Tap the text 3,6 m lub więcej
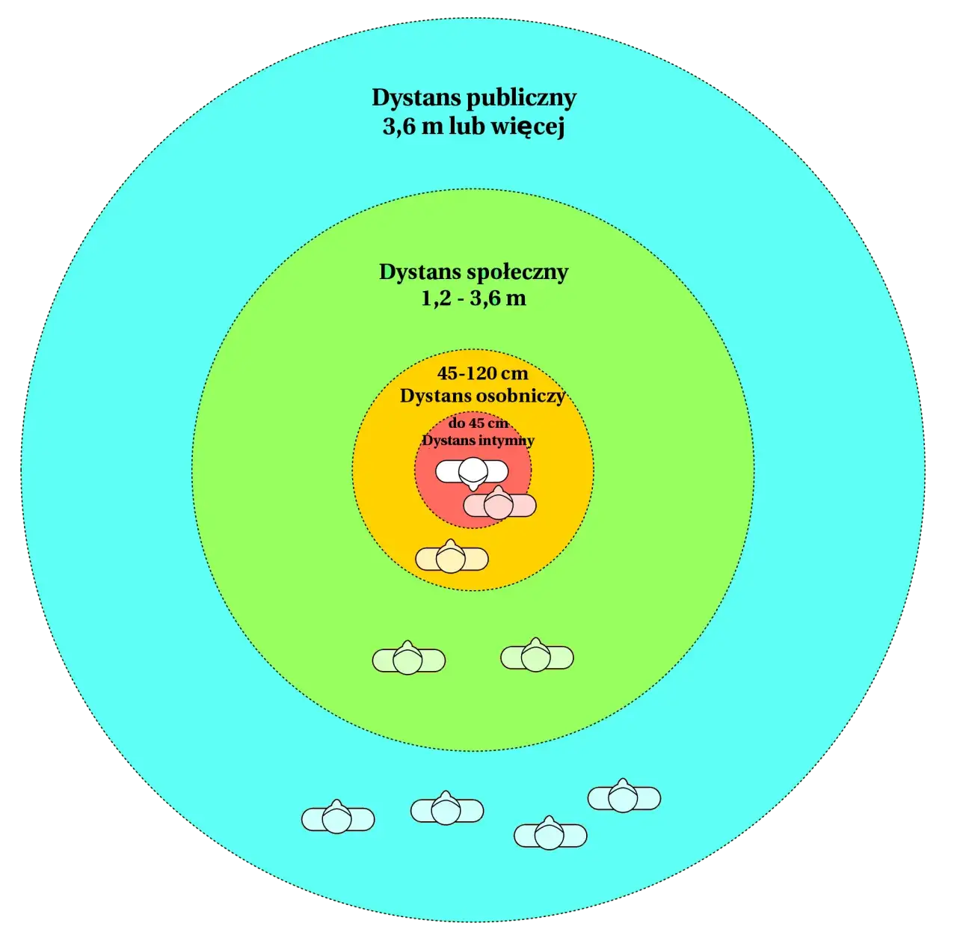474,126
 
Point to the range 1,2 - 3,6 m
474,298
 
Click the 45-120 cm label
482,373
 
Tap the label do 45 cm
478,423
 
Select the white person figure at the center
472,473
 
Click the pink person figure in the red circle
499,505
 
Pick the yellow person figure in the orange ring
452,558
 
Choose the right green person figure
537,656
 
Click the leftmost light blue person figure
338,818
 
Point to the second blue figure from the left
447,809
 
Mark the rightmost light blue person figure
624,797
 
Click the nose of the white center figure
473,486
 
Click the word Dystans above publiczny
416,99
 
